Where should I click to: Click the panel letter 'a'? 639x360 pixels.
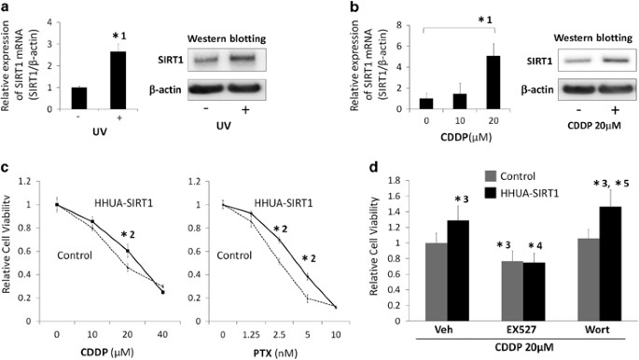pyautogui.click(x=7, y=7)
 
